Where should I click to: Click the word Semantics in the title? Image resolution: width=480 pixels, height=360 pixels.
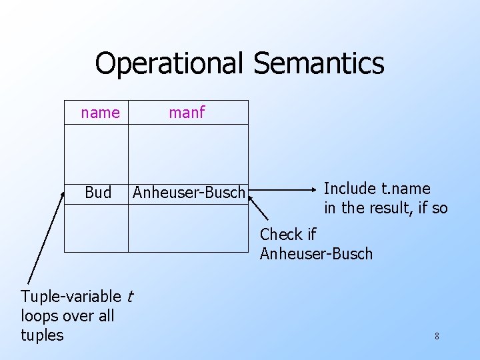tap(319, 64)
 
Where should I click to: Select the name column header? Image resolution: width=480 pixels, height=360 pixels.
tap(100, 113)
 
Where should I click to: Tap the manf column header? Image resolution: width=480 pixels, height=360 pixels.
tap(187, 113)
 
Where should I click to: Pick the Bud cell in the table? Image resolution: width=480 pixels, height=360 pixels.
tap(98, 193)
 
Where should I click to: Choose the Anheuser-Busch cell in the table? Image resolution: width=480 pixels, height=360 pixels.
tap(189, 193)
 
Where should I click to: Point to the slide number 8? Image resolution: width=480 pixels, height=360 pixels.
tap(437, 336)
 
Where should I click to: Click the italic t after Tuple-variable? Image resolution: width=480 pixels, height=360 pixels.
tap(129, 296)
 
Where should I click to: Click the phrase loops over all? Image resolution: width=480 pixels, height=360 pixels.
tap(67, 315)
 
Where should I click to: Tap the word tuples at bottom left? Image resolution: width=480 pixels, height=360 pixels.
tap(42, 335)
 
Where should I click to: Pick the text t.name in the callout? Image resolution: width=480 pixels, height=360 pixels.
tap(406, 189)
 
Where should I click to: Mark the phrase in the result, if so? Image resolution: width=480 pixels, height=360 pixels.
tap(385, 208)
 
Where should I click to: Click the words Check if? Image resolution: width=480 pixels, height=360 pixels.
tap(287, 235)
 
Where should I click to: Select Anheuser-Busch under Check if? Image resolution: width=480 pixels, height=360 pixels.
tap(316, 254)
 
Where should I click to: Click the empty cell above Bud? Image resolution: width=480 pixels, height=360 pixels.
tap(96, 152)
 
